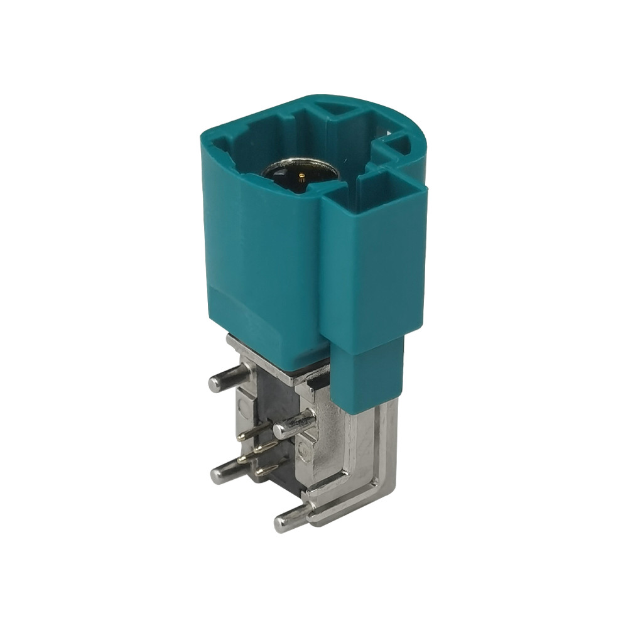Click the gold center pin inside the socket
303,176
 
